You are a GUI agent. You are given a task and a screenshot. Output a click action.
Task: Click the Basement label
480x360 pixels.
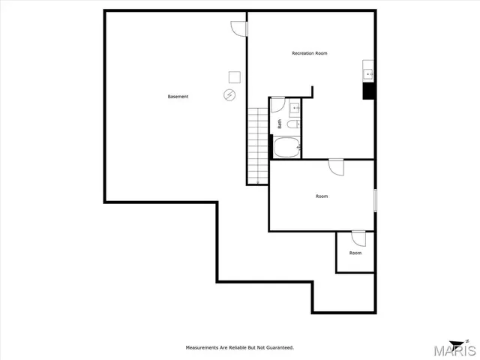(x=178, y=97)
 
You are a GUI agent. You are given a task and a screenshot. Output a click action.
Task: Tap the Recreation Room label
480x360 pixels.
(x=309, y=53)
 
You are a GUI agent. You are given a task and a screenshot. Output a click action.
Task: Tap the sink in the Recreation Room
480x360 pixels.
(x=368, y=73)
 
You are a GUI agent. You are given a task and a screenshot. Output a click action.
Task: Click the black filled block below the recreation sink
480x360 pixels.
(x=368, y=91)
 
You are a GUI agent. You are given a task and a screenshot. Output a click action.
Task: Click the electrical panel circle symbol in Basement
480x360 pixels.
(x=229, y=94)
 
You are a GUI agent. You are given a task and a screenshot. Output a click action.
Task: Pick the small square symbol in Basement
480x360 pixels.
(x=234, y=76)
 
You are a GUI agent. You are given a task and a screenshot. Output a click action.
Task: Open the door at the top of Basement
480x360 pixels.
(x=238, y=27)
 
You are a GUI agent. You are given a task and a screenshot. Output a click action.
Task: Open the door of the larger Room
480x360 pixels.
(x=335, y=166)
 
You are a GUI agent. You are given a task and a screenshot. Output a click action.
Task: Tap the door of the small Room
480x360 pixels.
(x=358, y=238)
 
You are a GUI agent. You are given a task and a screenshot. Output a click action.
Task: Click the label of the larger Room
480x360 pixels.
(x=322, y=196)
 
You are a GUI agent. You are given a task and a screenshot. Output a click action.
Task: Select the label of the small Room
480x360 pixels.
(x=355, y=253)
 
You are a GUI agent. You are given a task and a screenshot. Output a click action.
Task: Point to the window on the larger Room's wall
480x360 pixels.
(x=374, y=200)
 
